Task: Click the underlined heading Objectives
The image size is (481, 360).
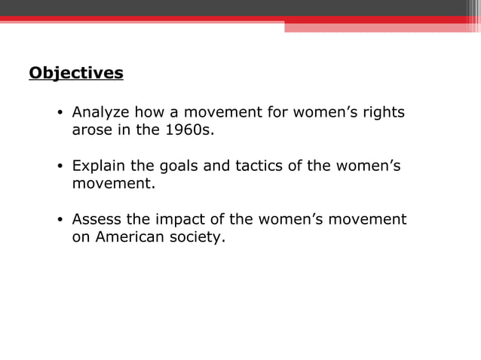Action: pos(75,74)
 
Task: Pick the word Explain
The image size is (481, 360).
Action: pos(99,166)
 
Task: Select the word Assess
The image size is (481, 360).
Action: pos(97,220)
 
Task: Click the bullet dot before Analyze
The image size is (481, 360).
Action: pos(60,114)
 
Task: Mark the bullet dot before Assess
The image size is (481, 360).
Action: pos(60,221)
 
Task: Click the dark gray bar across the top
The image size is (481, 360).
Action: pos(240,8)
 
